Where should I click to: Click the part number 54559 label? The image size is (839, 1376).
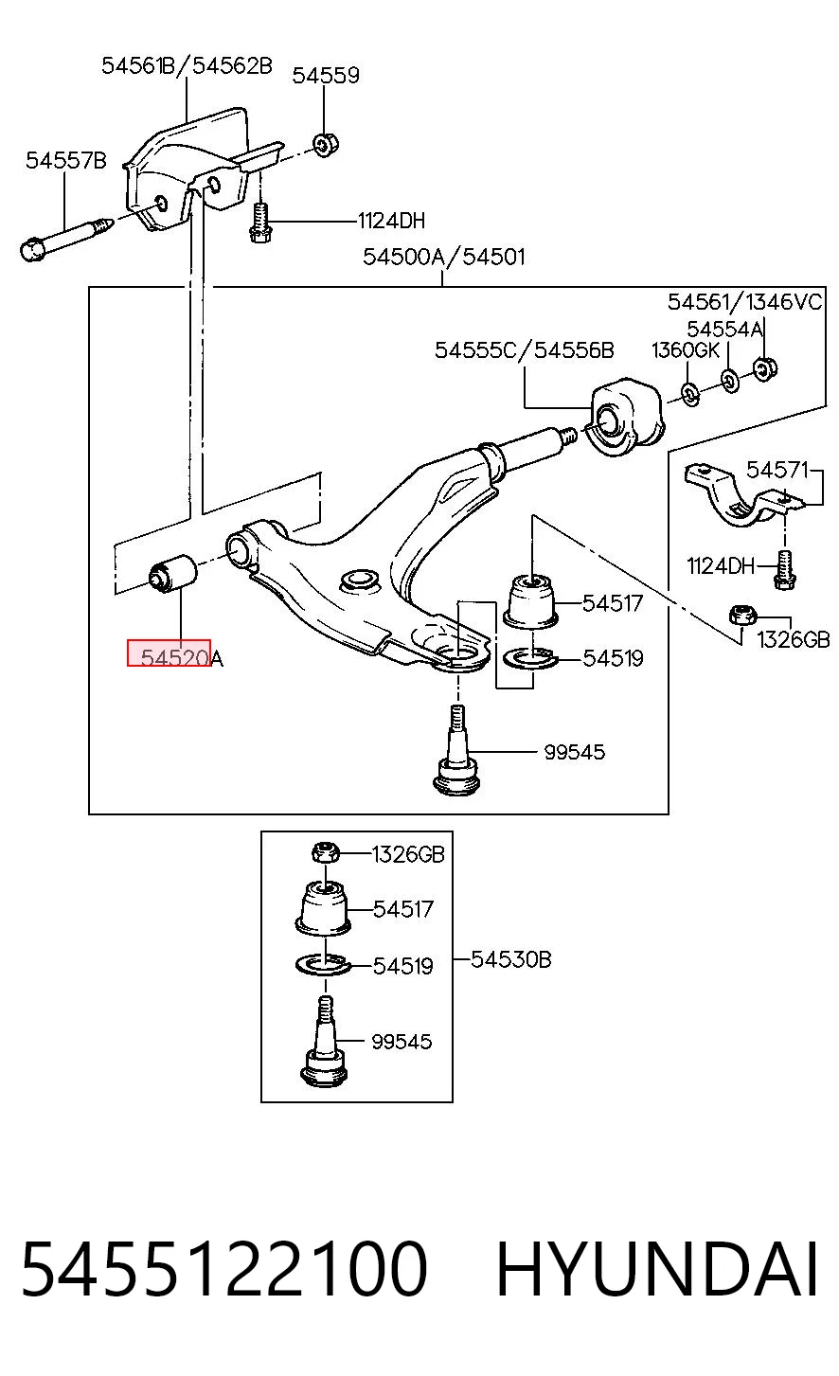(x=326, y=76)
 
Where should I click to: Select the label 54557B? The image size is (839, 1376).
(x=65, y=160)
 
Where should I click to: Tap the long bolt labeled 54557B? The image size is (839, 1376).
(x=65, y=238)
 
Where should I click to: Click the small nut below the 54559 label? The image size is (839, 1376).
(x=326, y=144)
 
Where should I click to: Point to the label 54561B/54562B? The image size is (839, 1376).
(x=187, y=65)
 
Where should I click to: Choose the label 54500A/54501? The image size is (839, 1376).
(x=443, y=257)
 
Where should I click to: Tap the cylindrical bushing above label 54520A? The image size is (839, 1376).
(x=173, y=571)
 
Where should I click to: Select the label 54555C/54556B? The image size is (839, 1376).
(x=524, y=350)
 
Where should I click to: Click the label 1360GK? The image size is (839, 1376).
(x=685, y=350)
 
